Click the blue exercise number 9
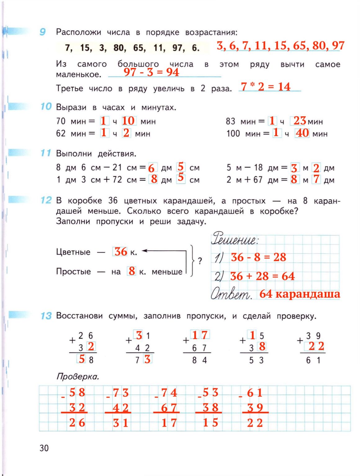pos(43,32)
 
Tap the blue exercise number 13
pos(46,316)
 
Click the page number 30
pos(44,448)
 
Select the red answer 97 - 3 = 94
pos(151,72)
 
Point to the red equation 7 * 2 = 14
pos(266,87)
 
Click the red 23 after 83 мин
pos(300,121)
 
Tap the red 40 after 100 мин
pos(302,133)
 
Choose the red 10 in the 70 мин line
pos(128,121)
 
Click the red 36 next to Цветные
pos(120,251)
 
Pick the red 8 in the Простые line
pos(132,271)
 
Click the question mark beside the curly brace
pos(200,261)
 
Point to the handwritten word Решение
pos(235,239)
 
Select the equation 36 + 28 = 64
pos(262,276)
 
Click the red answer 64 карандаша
pos(300,294)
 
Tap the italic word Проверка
pos(78,377)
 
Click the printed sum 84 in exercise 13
pos(199,360)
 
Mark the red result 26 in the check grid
pos(77,423)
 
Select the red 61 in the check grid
pos(255,393)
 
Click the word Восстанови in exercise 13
pos(79,316)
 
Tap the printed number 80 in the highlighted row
pos(119,48)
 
